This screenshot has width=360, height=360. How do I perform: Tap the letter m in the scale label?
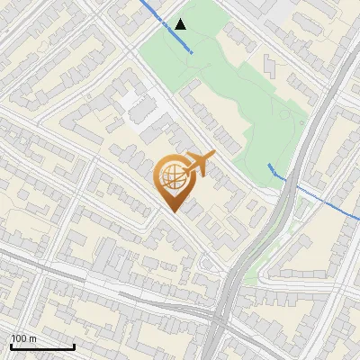[x=33, y=338]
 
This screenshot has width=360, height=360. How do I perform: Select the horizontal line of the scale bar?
[x=41, y=347]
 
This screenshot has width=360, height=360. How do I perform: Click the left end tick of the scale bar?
[x=11, y=346]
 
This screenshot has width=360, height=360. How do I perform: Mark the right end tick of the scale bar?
[x=74, y=346]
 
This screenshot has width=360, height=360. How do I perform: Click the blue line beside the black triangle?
[x=166, y=28]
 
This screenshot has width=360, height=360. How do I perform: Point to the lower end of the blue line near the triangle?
[x=192, y=53]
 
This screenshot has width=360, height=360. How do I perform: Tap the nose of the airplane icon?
[x=214, y=157]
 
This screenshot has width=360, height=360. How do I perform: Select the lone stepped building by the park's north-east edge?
[x=271, y=65]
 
